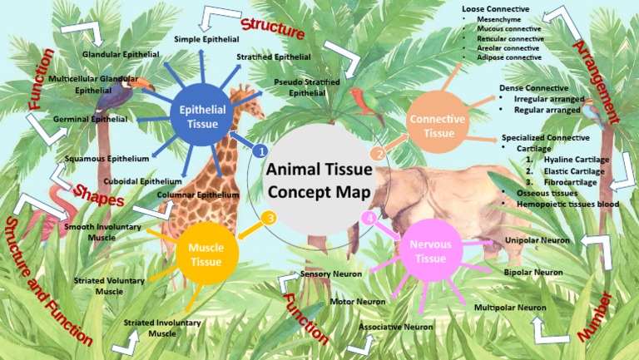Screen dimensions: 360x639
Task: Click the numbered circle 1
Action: [260, 151]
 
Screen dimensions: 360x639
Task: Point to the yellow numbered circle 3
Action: [268, 219]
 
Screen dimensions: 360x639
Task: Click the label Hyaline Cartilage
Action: [576, 158]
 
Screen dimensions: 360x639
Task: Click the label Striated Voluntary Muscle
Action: [109, 286]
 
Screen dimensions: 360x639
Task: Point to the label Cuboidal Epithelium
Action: [142, 180]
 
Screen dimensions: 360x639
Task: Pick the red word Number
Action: [596, 316]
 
